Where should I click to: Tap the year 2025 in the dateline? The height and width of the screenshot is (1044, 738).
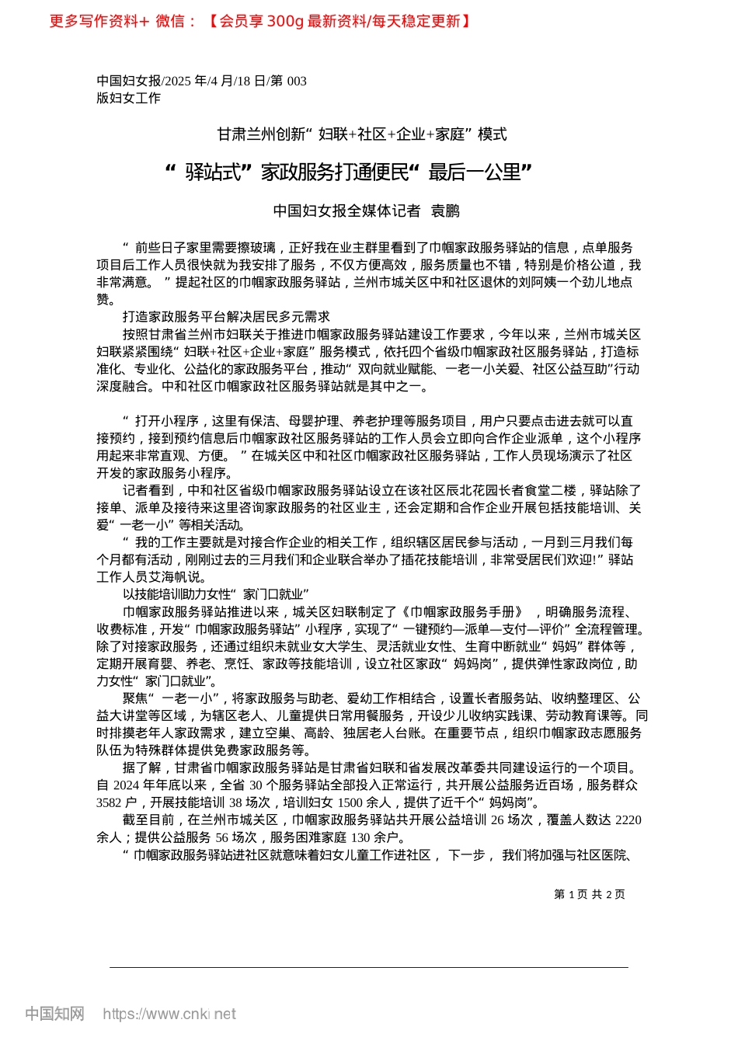pyautogui.click(x=178, y=81)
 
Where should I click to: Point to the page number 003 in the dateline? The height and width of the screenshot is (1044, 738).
pyautogui.click(x=297, y=81)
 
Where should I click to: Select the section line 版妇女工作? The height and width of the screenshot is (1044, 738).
pyautogui.click(x=128, y=98)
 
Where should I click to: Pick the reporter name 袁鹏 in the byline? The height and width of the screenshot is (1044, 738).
pyautogui.click(x=445, y=211)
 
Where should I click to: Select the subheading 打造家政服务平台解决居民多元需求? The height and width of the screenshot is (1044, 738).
pyautogui.click(x=226, y=317)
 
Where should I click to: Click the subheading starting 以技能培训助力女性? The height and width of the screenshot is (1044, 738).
pyautogui.click(x=216, y=594)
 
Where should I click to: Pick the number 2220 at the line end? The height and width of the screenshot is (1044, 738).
pyautogui.click(x=628, y=820)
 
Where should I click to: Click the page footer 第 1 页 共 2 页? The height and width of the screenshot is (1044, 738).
pyautogui.click(x=589, y=894)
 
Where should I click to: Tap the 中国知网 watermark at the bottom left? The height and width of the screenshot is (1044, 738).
pyautogui.click(x=54, y=1014)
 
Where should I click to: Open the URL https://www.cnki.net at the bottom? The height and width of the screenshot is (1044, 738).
pyautogui.click(x=169, y=1014)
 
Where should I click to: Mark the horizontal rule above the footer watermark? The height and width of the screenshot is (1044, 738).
pyautogui.click(x=369, y=967)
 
